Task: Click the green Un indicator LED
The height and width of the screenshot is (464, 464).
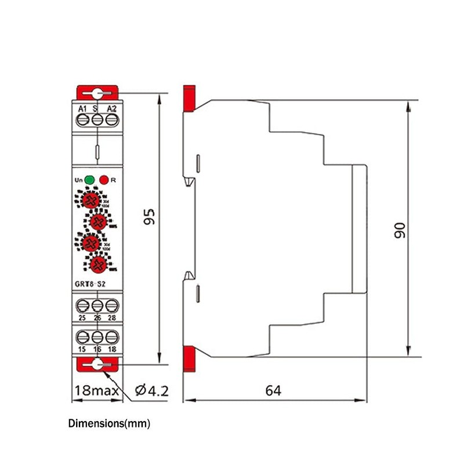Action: click(x=89, y=180)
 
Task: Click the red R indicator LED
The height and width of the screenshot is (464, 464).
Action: click(x=104, y=180)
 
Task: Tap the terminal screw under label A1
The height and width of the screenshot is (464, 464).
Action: click(x=82, y=120)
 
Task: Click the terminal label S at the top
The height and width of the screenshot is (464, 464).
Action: click(x=95, y=108)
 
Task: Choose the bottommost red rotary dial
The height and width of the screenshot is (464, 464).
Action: click(x=99, y=264)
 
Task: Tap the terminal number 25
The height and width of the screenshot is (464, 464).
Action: click(x=82, y=318)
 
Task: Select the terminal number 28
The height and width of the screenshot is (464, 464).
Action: click(x=112, y=318)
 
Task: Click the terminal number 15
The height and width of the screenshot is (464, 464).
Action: click(x=82, y=349)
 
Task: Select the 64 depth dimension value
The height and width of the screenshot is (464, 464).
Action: click(x=273, y=390)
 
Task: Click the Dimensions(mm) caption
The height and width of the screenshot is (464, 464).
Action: click(x=109, y=424)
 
